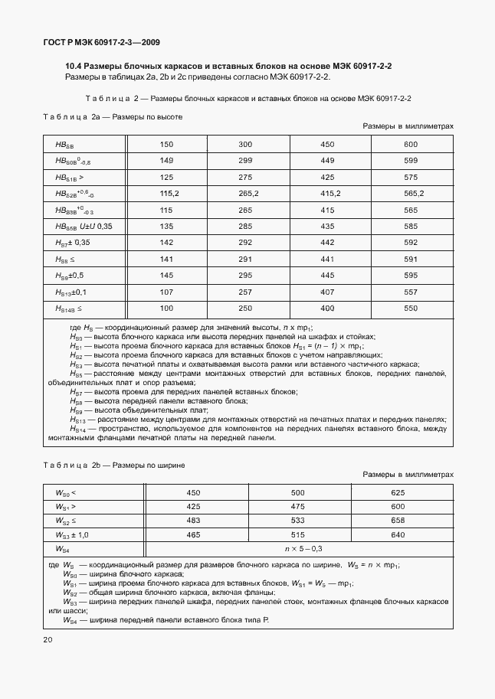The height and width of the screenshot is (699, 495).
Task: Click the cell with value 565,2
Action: coord(410,193)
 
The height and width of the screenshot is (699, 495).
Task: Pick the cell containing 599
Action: coord(410,161)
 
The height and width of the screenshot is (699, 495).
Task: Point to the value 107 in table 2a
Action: coord(167,292)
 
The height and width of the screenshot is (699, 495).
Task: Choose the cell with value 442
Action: coord(327,243)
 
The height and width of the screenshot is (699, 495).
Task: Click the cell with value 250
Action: coord(245,308)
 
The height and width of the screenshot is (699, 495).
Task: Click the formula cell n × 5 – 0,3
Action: coord(303,549)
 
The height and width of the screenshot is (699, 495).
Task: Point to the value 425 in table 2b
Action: coord(193,507)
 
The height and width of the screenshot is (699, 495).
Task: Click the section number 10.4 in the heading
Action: coord(74,67)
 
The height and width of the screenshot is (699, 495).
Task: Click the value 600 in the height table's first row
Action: coord(410,144)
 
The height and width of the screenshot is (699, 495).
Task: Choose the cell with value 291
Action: coord(245,259)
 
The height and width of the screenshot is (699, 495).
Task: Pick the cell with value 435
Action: coord(327,226)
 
